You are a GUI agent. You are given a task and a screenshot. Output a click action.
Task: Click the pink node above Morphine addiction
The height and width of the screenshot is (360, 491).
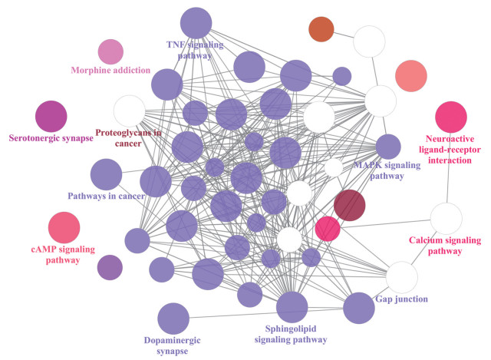110,52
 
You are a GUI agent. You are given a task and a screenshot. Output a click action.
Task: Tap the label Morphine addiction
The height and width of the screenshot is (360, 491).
110,71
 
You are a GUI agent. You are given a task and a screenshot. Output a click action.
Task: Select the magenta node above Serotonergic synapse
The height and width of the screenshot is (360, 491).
51,117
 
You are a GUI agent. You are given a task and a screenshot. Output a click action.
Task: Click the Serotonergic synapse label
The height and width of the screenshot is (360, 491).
51,138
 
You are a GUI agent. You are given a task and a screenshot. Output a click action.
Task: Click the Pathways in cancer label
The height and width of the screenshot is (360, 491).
106,197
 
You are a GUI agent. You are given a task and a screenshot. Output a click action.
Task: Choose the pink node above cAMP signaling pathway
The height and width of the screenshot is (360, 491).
64,228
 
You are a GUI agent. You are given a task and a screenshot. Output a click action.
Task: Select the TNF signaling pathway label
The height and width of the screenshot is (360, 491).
195,50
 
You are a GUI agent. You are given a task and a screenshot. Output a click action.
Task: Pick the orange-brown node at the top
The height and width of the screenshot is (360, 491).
321,30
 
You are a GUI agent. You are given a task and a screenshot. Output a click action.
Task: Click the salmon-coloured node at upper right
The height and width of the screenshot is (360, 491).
410,75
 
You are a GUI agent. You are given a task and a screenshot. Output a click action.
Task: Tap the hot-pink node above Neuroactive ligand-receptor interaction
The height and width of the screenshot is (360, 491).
451,117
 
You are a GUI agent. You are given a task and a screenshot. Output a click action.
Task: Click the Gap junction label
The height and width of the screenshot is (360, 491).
403,298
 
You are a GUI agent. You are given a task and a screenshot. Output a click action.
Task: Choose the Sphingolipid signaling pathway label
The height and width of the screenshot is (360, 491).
292,333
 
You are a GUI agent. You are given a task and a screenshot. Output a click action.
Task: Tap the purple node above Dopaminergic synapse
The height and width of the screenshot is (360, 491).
173,319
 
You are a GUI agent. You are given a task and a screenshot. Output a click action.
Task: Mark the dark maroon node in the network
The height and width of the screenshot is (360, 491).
350,206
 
